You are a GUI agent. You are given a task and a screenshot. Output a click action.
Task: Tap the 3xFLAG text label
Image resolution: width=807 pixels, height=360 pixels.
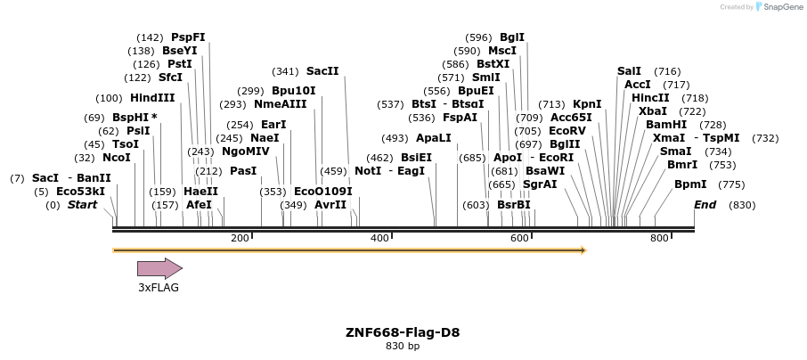(x=159, y=287)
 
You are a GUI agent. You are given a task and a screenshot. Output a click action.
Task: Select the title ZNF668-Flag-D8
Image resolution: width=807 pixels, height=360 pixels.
(x=403, y=332)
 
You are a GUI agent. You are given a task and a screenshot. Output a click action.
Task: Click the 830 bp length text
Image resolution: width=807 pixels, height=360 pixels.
(x=403, y=346)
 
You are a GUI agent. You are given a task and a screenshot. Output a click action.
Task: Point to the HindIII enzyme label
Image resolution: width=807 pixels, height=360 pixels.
(x=152, y=98)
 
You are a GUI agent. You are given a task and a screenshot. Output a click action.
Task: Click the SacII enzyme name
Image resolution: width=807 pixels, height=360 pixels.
(x=322, y=70)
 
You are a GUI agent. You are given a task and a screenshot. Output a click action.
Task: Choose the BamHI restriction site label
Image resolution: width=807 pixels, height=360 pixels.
(x=666, y=125)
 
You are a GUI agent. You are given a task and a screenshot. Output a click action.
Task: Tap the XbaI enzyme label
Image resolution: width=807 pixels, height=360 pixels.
(x=653, y=111)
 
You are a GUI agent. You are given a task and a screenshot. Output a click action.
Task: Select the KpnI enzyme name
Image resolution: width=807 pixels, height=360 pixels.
(x=587, y=104)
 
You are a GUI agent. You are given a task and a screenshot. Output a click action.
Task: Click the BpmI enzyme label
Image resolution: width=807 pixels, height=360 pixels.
(x=690, y=184)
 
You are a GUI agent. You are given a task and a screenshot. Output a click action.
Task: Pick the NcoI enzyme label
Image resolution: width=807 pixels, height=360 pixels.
(x=117, y=158)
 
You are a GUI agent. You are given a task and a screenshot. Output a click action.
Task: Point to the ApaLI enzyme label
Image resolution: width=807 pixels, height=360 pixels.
(x=434, y=138)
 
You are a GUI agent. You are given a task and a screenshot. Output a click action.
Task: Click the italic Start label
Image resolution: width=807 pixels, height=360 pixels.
(x=83, y=205)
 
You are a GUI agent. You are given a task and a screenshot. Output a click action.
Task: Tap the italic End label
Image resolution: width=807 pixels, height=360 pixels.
(x=705, y=205)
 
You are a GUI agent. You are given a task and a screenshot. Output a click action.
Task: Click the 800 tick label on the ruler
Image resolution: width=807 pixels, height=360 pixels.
(x=659, y=239)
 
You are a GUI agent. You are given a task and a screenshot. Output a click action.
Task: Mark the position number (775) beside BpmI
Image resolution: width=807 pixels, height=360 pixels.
(x=732, y=184)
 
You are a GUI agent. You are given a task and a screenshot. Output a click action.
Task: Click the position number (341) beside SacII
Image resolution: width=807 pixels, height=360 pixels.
(x=285, y=71)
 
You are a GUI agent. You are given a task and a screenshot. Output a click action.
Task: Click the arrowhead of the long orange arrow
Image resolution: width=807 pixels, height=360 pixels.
(x=583, y=250)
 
